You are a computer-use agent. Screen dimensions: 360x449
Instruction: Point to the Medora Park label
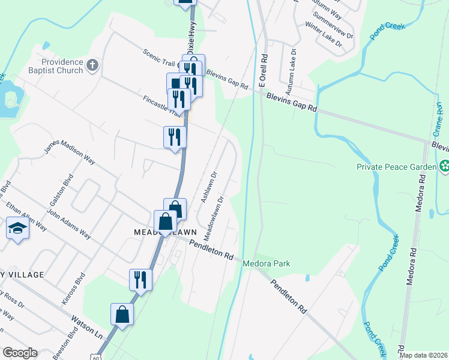(x=266, y=263)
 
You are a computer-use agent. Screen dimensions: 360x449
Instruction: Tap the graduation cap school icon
(x=16, y=228)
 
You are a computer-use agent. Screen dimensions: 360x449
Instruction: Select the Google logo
(x=20, y=352)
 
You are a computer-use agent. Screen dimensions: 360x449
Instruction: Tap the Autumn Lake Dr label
(x=291, y=78)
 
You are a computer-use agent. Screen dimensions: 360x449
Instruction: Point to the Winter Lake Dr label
(x=323, y=35)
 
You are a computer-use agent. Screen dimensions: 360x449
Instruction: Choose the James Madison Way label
(x=70, y=153)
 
